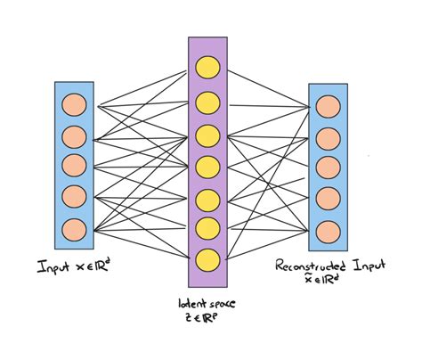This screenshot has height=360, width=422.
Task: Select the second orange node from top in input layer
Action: (74, 136)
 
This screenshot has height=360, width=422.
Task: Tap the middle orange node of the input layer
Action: (74, 166)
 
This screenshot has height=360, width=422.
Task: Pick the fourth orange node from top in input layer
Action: (74, 196)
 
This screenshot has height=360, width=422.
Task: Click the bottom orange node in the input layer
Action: (74, 227)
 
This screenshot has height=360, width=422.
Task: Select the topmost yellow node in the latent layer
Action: (207, 67)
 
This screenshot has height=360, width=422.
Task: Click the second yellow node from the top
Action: (207, 100)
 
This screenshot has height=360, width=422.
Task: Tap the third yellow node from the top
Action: (207, 135)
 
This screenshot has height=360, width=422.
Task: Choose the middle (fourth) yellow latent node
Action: (207, 166)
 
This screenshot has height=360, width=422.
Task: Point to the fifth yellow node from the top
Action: (207, 198)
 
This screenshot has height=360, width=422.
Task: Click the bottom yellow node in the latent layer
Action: (207, 259)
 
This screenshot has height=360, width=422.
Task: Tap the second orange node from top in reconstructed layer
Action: (327, 135)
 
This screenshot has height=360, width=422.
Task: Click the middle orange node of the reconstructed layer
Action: (327, 166)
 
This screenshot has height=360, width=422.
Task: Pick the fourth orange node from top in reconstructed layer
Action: (327, 197)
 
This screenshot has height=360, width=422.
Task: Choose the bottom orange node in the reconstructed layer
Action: (327, 228)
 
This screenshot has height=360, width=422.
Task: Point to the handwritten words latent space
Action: (206, 306)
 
